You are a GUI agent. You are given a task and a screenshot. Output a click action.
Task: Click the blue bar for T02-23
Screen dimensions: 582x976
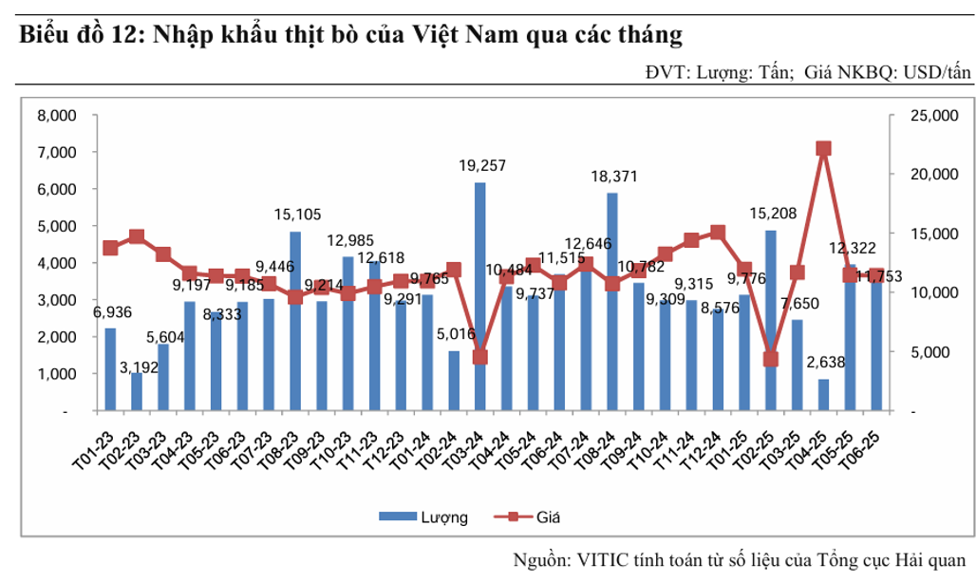tap(137, 392)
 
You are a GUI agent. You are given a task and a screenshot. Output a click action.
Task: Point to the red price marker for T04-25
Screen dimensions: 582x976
tap(823, 148)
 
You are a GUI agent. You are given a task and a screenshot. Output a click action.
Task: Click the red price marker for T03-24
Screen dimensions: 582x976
tap(480, 357)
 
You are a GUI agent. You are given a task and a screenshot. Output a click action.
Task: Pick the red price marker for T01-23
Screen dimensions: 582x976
tap(110, 248)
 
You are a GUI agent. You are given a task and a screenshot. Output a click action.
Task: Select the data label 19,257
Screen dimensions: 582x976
tap(481, 166)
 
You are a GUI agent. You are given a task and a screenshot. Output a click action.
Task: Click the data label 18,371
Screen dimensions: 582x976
tap(613, 177)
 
